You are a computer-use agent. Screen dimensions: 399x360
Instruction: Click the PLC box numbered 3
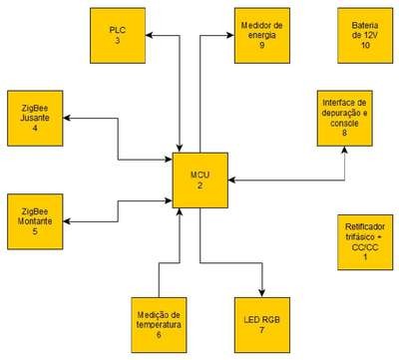118,36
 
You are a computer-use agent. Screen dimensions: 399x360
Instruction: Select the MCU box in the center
200,180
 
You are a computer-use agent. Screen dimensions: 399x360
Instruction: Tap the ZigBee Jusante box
35,118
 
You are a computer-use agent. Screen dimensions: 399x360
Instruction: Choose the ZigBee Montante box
35,221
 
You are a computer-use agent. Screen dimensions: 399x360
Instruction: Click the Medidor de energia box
262,36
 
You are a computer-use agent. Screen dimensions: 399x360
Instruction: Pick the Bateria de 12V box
365,36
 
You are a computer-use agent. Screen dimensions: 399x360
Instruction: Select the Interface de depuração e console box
345,118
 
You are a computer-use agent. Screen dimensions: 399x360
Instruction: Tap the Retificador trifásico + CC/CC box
365,242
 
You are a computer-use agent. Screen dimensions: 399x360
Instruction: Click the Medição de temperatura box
159,325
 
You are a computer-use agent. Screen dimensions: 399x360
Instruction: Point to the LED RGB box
262,325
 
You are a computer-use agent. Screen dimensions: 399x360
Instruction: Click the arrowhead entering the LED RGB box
262,293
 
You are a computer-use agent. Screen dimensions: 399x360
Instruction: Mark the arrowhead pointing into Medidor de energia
230,35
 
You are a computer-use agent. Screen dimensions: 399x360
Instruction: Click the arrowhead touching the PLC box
150,35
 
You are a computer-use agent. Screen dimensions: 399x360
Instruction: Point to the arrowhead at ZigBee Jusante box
67,118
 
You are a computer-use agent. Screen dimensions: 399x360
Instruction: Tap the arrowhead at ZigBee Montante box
67,221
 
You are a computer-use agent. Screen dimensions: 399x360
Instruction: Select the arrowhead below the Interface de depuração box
345,150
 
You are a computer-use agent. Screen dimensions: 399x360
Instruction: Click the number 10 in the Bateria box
365,45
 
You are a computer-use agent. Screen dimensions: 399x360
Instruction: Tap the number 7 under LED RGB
262,330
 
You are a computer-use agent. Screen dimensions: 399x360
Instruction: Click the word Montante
35,221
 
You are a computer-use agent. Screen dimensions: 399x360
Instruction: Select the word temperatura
159,325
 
